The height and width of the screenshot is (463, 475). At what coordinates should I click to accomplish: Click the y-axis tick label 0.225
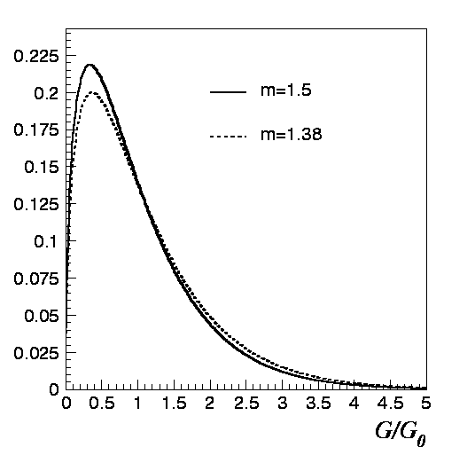click(x=36, y=56)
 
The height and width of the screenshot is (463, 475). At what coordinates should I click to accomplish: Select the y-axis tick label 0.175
click(x=36, y=130)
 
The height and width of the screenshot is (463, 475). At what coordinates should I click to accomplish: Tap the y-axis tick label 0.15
click(x=41, y=167)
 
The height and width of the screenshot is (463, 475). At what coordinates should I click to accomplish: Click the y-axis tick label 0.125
click(x=36, y=204)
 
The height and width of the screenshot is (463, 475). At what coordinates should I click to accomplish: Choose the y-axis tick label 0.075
click(x=36, y=278)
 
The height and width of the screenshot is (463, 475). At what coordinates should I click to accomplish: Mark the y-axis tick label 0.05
click(x=41, y=315)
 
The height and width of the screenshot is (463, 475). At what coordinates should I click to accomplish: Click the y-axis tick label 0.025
click(x=36, y=352)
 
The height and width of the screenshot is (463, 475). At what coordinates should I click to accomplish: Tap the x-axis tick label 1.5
click(x=174, y=404)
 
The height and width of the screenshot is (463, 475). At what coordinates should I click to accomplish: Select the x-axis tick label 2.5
click(x=245, y=404)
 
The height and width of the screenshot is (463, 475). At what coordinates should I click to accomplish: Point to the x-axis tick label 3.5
click(x=318, y=404)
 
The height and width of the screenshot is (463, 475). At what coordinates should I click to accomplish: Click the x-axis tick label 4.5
click(x=390, y=404)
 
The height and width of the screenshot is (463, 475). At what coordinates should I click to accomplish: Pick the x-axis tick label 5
click(x=426, y=404)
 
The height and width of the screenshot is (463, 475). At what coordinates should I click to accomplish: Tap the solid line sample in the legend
click(x=227, y=92)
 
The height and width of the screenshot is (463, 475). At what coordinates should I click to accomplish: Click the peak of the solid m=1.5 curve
click(x=90, y=65)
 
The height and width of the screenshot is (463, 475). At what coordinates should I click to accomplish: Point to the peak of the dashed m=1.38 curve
click(x=90, y=93)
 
